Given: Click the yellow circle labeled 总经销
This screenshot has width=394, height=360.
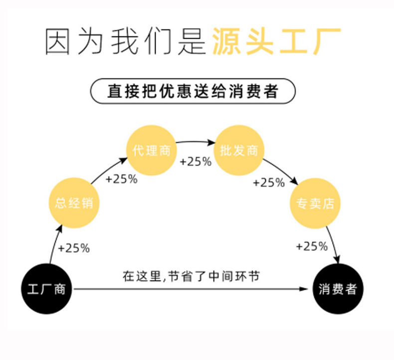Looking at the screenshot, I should [74, 203].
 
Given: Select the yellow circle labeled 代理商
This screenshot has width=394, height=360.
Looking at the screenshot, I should [152, 150].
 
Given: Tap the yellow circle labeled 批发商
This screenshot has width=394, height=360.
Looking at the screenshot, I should [239, 150].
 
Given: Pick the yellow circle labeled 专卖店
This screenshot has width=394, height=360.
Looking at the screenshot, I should [315, 203].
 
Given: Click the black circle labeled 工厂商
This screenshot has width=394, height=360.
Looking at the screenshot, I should [47, 289].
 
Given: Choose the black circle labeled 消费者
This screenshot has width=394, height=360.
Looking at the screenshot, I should [338, 289].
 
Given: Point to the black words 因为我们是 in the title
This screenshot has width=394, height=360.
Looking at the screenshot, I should [126, 41].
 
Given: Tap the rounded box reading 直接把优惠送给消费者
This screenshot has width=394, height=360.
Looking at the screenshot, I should [193, 92].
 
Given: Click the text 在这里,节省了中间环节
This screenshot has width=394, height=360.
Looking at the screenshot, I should [191, 276].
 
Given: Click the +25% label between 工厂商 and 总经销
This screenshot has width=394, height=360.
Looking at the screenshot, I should [74, 248].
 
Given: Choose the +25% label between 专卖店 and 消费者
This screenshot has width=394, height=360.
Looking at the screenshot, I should [312, 246].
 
